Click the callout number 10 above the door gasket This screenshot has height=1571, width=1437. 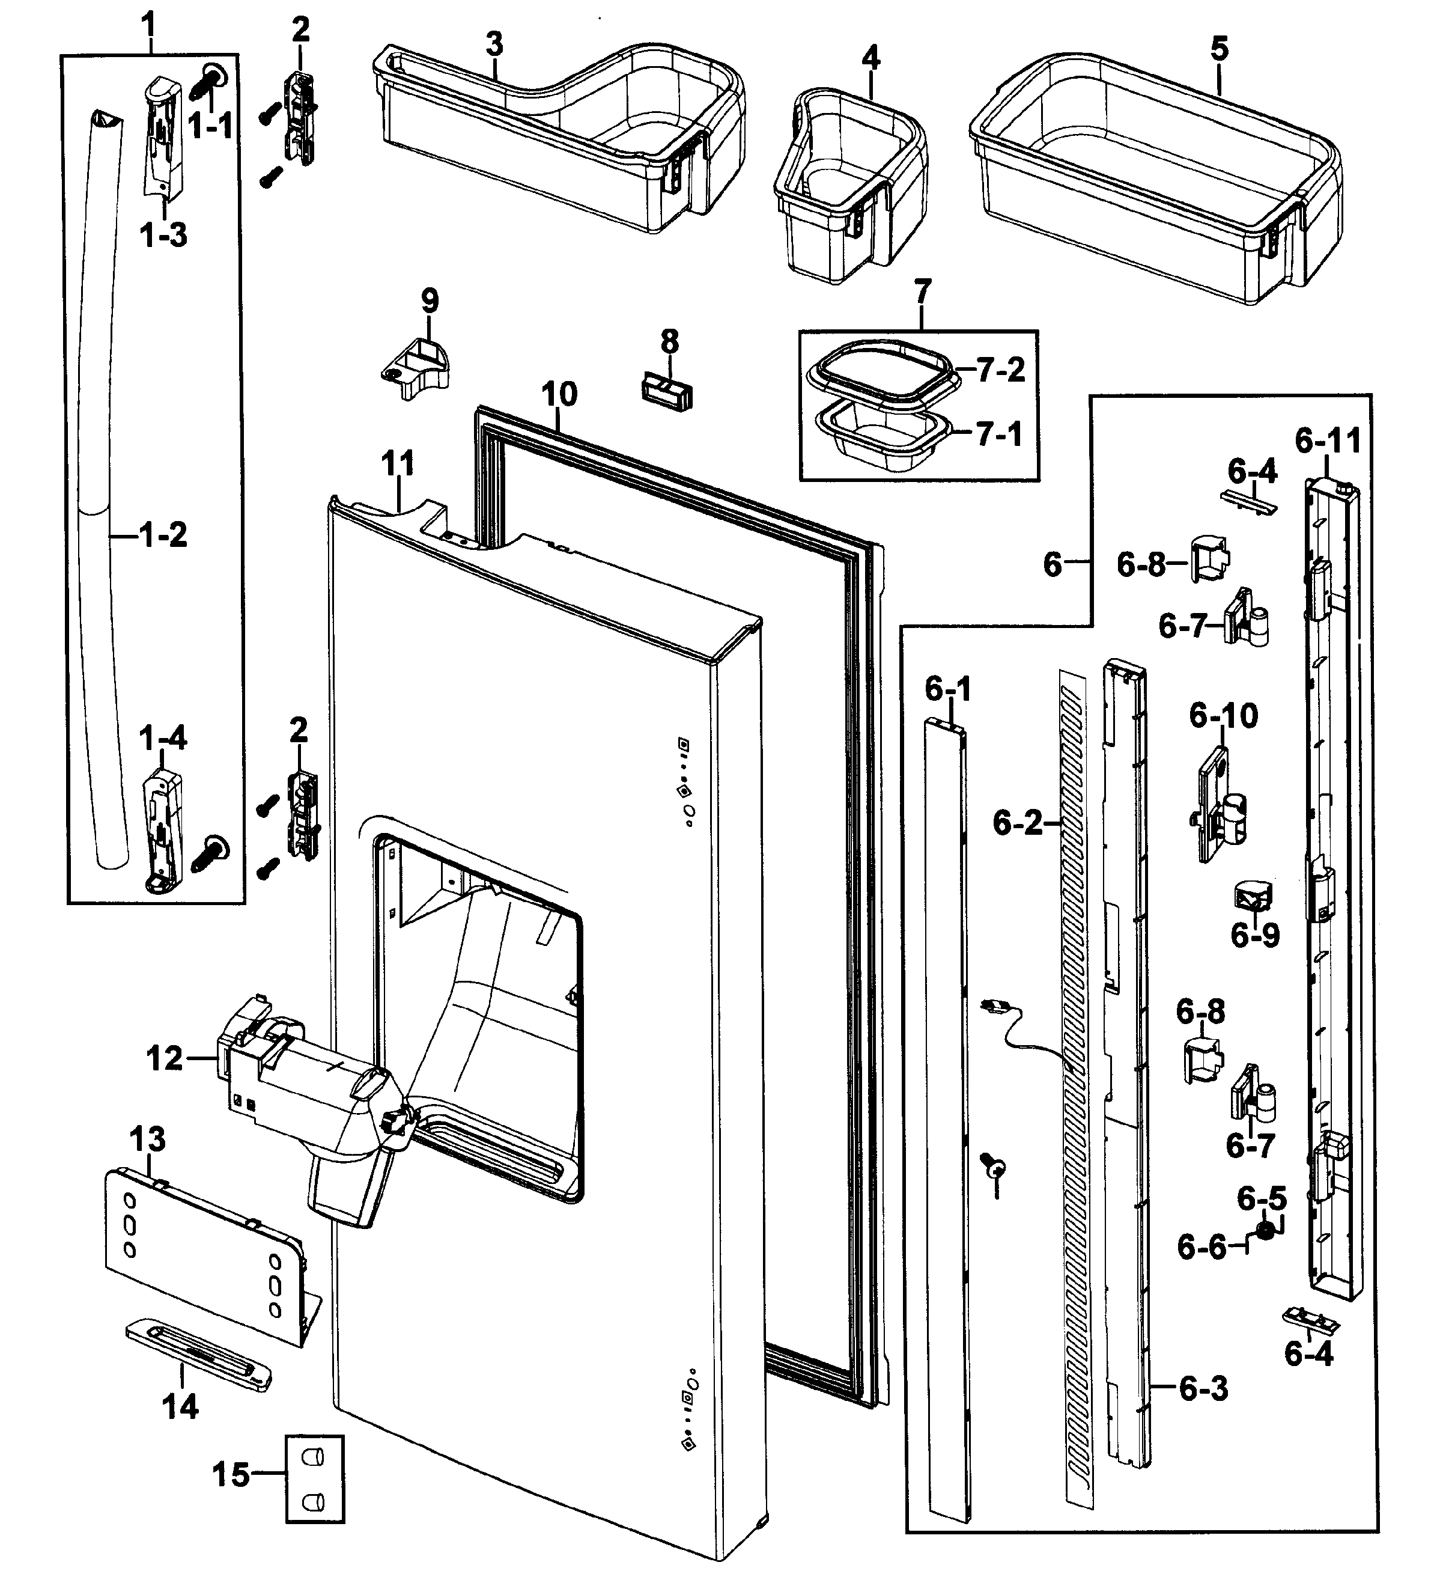[559, 394]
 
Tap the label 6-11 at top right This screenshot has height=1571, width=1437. [1328, 442]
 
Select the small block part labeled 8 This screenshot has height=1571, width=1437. [667, 389]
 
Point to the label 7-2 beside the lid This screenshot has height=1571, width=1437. [1001, 370]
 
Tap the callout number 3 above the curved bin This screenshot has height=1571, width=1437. [494, 45]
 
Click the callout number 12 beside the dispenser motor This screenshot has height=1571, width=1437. [165, 1058]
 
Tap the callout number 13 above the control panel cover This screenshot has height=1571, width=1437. [147, 1140]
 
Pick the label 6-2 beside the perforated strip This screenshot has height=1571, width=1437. [1016, 823]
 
